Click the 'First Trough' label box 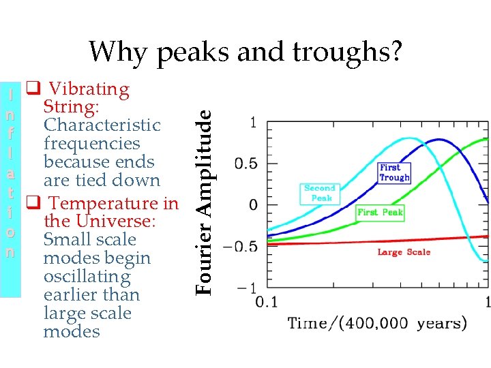coord(394,172)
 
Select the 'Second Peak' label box coord(319,193)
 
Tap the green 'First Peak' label coord(381,212)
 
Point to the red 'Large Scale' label coord(404,252)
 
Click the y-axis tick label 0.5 coord(246,164)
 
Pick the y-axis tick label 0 coord(253,205)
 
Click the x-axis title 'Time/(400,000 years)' coord(377,323)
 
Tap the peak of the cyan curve coord(407,138)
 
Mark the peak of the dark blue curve coord(440,140)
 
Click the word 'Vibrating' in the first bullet coord(89,89)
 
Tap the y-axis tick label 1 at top coord(253,123)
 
